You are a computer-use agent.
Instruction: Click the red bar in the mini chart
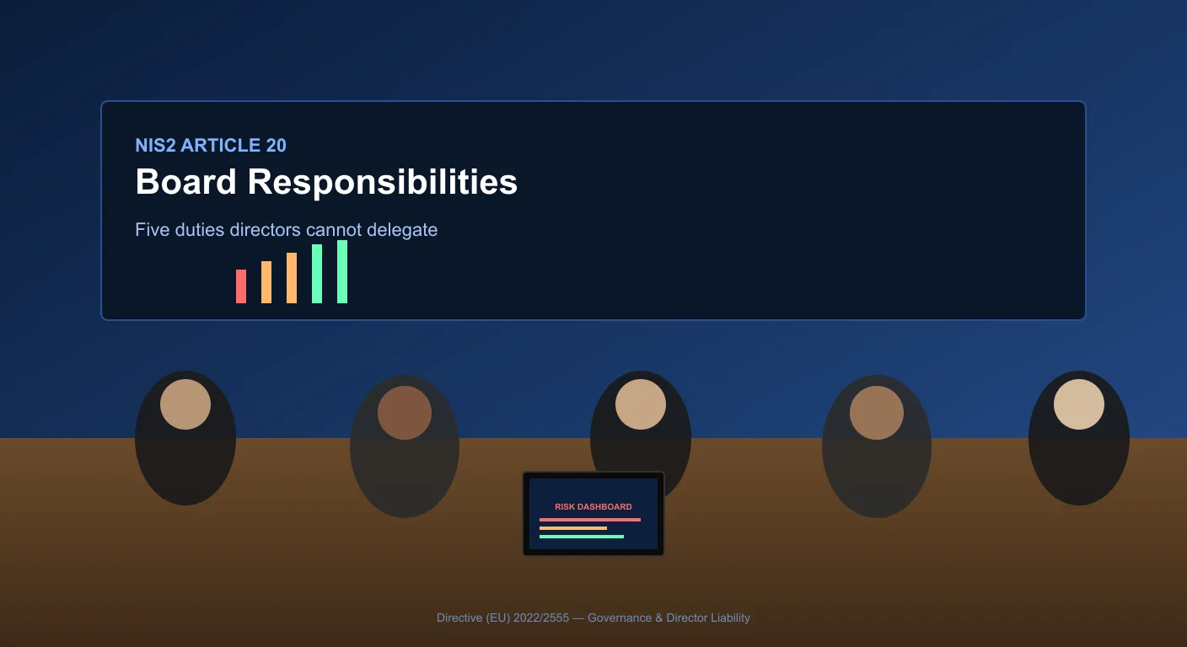241,286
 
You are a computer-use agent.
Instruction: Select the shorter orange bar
266,282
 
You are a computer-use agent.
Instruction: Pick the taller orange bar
292,278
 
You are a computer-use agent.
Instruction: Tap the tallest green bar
342,271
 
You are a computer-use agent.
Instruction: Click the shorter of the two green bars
317,274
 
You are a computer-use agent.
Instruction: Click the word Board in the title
185,182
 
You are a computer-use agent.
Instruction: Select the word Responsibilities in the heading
383,183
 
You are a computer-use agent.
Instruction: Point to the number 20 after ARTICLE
276,146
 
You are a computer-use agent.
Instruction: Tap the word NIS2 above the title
155,146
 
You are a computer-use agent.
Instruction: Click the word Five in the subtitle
152,230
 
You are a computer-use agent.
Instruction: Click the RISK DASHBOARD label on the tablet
593,506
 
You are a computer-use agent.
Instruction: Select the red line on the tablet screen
590,520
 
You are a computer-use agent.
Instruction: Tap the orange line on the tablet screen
573,528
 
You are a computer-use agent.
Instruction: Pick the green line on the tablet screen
582,537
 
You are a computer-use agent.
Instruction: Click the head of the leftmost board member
185,404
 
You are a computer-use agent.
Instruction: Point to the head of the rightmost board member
1079,404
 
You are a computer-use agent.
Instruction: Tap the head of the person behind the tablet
641,404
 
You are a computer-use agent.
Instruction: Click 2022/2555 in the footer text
541,618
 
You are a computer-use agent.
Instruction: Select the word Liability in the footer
730,618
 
